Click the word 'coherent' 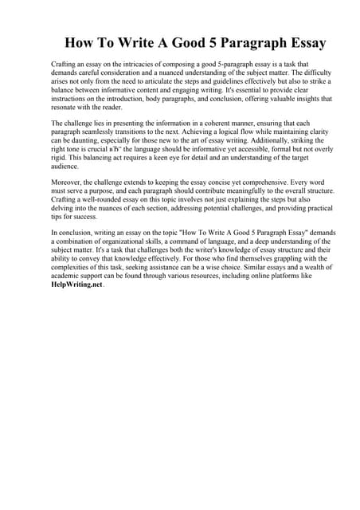point(223,124)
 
